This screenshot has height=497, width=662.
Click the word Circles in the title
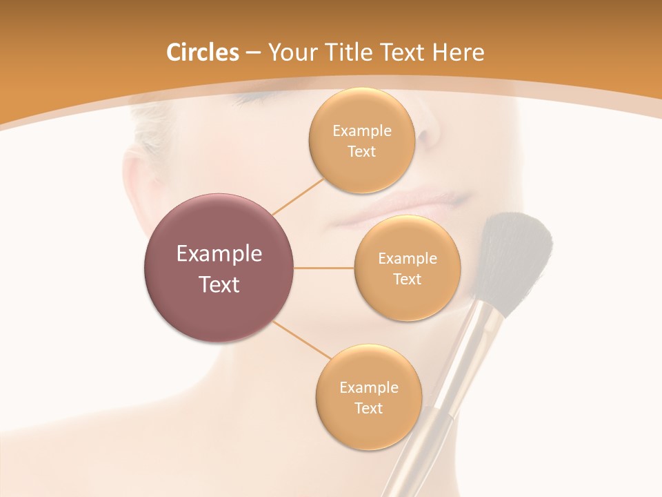(202, 52)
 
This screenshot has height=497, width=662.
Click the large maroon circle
(219, 268)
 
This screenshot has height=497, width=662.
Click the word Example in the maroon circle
(219, 254)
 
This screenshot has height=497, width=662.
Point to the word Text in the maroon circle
(219, 284)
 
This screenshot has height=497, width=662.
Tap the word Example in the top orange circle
(361, 131)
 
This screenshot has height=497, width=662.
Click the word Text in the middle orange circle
(407, 280)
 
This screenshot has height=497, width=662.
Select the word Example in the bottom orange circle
(368, 388)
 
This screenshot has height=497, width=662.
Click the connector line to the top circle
(298, 195)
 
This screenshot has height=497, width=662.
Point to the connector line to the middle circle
(323, 268)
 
